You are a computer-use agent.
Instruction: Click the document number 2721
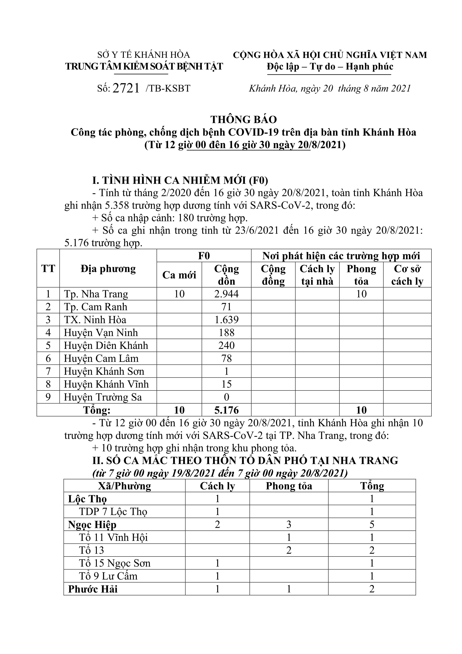pos(126,88)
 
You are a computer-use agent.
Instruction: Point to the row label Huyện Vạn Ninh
pos(101,333)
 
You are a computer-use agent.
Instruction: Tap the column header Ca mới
pos(179,275)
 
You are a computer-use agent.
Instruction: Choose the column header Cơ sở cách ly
pos(407,275)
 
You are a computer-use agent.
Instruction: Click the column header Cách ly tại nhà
pos(317,275)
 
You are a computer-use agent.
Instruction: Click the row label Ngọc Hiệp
pos(92,525)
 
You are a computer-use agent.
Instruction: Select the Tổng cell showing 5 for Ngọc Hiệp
pos(372,525)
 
